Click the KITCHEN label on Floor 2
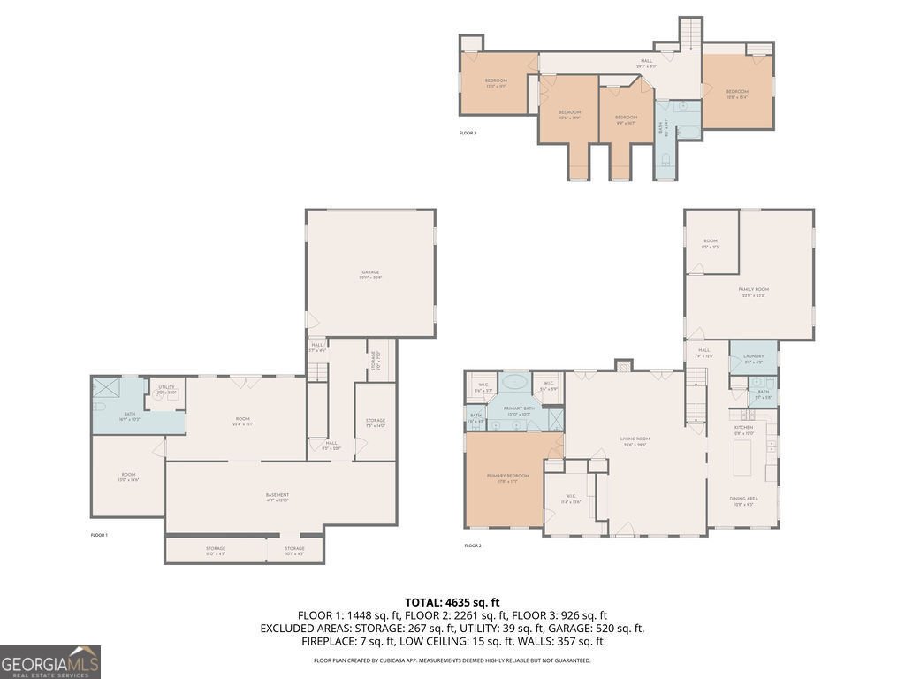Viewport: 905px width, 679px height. [743, 430]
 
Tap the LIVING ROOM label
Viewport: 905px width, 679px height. [635, 441]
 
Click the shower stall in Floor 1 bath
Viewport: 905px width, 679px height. [109, 387]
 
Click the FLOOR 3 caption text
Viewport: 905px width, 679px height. [468, 133]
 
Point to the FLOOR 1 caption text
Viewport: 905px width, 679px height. [99, 535]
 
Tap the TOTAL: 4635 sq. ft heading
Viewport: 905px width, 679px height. [452, 602]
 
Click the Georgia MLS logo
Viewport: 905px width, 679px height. [50, 662]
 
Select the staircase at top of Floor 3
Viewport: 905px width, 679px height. [690, 33]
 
